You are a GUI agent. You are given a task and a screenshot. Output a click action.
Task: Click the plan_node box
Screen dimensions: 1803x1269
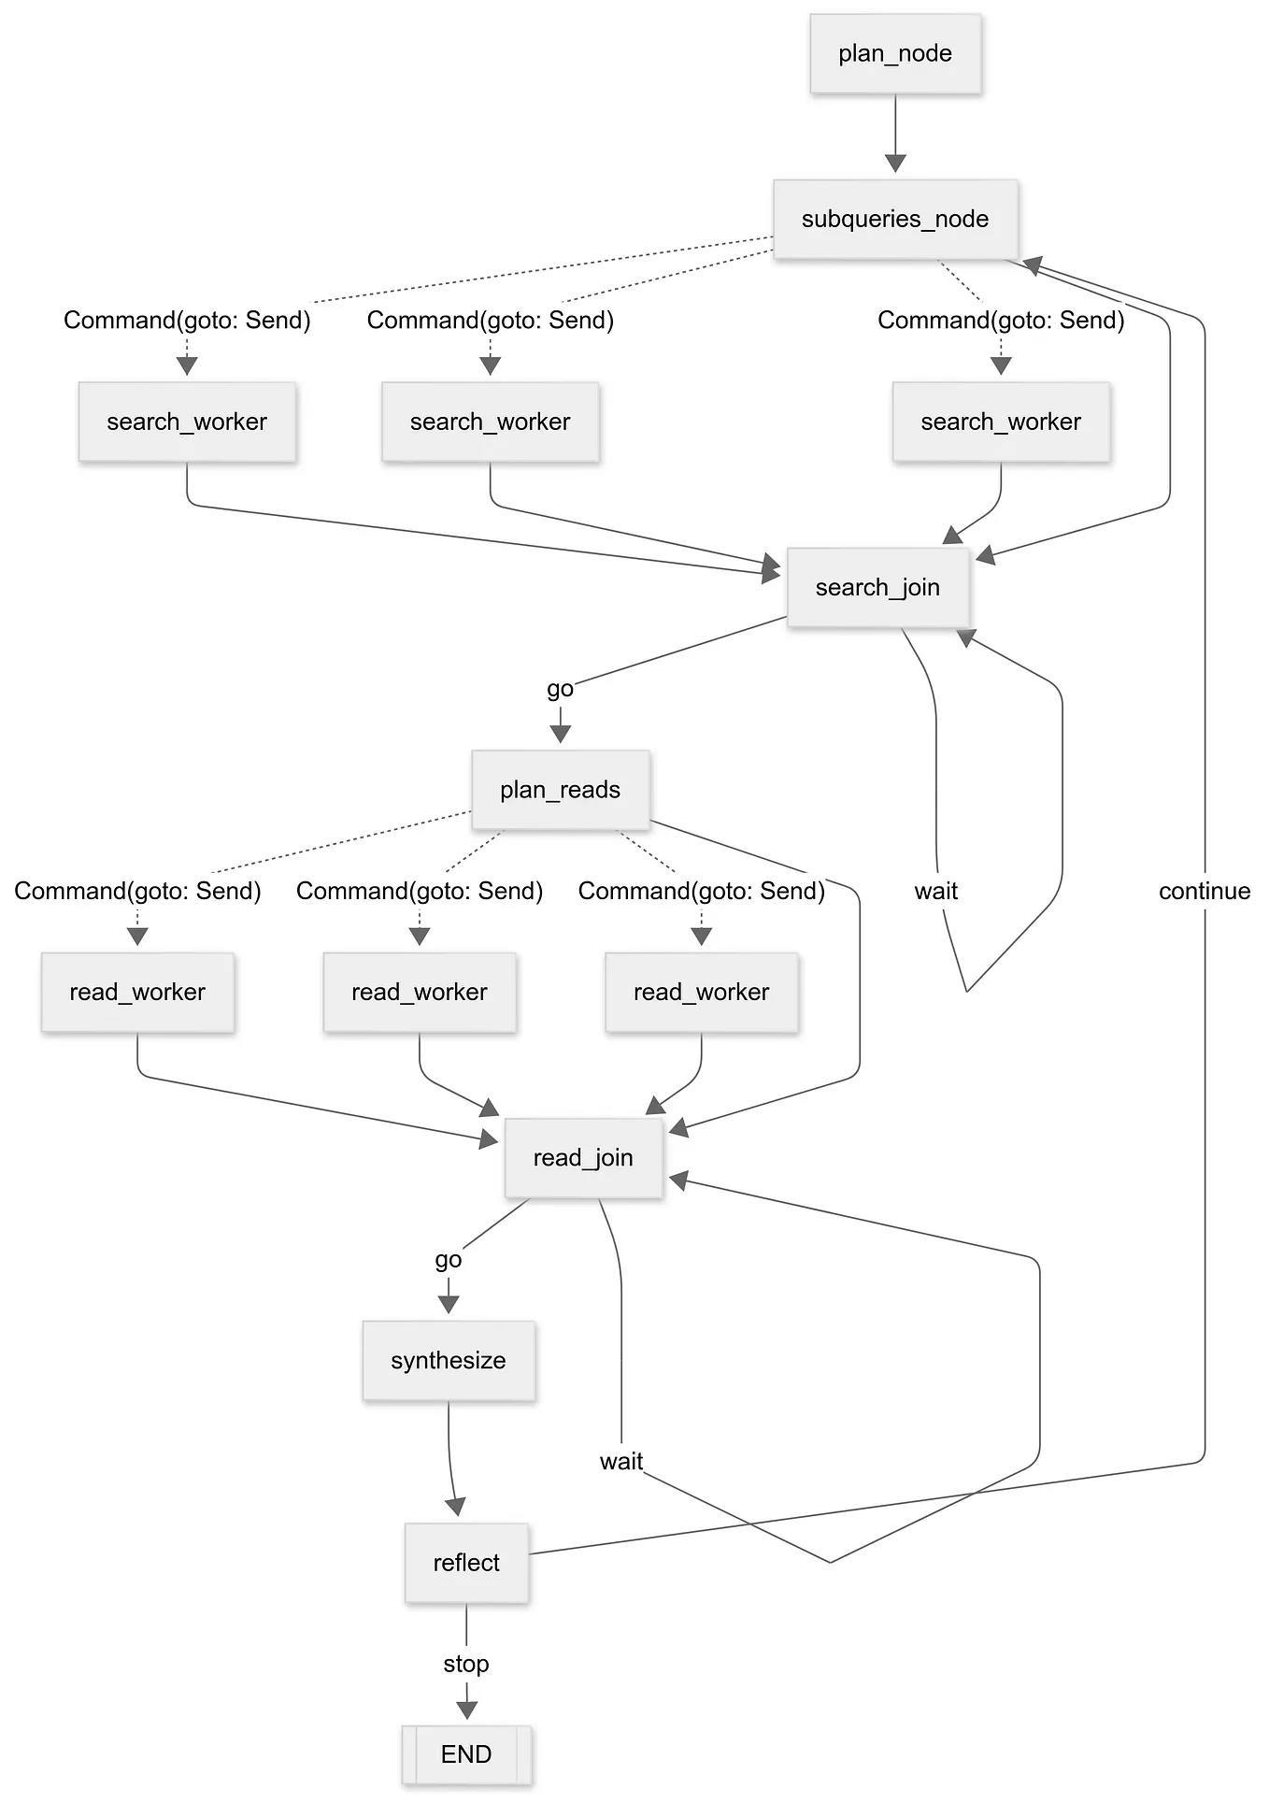tap(895, 53)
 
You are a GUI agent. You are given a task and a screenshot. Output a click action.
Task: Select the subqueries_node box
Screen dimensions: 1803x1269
tap(895, 219)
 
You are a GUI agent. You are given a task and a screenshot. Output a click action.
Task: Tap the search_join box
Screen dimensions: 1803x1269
tap(877, 587)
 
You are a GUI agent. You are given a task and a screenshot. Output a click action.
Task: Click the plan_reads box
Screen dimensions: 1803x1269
tap(560, 790)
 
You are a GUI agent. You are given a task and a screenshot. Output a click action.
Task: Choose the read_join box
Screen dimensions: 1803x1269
tap(583, 1158)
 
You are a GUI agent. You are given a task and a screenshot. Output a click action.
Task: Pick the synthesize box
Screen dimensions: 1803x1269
tap(449, 1360)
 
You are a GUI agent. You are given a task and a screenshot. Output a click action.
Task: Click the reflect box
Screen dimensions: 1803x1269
tap(466, 1563)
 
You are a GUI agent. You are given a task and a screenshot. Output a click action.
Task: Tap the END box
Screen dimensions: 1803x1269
tap(466, 1754)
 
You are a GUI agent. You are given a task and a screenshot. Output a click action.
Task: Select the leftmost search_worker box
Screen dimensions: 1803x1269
tap(187, 422)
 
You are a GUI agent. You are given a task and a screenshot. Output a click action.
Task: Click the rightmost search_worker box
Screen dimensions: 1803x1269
tap(1001, 422)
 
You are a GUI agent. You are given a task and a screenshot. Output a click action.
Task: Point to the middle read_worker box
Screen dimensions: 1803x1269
tap(420, 992)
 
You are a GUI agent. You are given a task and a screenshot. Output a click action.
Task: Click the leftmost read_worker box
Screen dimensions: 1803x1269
tap(137, 992)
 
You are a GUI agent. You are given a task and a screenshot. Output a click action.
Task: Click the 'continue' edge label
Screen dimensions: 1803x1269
tap(1205, 891)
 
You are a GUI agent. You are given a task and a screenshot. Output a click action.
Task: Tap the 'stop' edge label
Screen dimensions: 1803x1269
tap(466, 1664)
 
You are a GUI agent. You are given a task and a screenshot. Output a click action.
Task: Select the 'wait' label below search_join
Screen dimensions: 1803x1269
tap(936, 891)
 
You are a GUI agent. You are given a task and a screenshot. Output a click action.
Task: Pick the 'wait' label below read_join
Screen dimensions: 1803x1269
tap(621, 1461)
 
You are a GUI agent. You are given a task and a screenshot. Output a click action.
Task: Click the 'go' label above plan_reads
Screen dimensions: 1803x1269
tap(560, 689)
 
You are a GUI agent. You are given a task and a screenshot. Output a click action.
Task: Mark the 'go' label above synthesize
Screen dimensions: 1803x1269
tap(449, 1259)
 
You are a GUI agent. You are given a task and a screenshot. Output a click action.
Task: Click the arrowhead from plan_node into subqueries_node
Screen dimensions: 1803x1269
tap(895, 164)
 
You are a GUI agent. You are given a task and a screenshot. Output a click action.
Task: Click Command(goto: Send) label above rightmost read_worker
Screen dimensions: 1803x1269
tap(701, 891)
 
